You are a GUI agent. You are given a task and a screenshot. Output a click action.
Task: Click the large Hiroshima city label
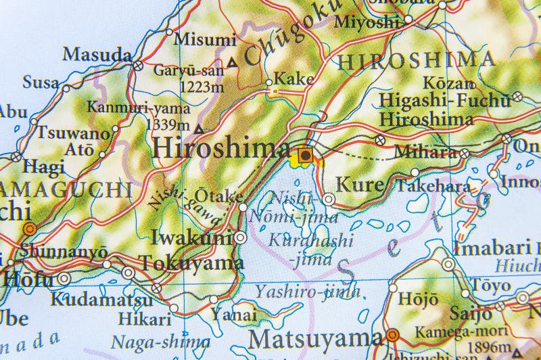point(221,148)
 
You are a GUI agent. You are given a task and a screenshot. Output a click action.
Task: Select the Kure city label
point(359,183)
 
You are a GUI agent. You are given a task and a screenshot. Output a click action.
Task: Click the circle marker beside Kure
point(329,199)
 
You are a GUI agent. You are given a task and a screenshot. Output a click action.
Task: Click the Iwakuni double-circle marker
point(241,238)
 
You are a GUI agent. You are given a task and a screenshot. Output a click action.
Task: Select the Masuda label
point(88,53)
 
